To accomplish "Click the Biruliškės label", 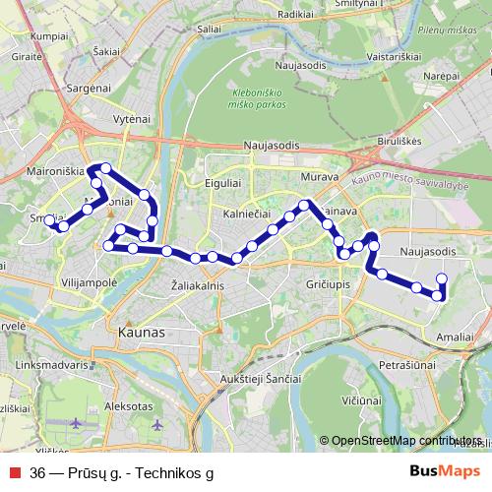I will pyautogui.click(x=400, y=141).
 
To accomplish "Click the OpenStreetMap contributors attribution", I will pyautogui.click(x=406, y=441).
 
